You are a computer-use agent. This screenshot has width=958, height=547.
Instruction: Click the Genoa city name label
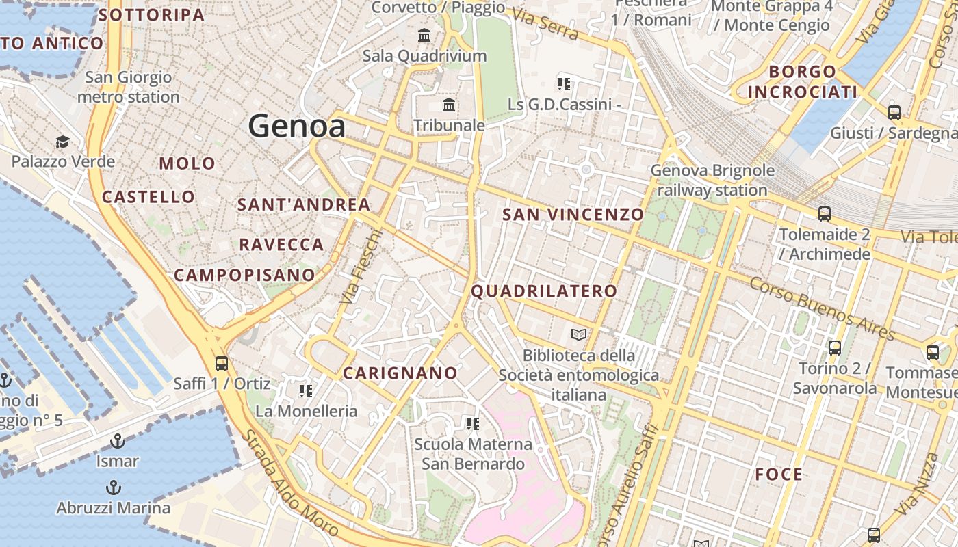[296, 126]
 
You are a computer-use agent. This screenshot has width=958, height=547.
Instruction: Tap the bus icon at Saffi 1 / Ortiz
[221, 363]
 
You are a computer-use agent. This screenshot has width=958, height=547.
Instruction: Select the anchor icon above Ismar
[118, 440]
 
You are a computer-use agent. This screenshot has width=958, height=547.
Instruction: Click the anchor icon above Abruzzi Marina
[114, 488]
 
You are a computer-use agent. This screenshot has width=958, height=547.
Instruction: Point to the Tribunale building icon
[449, 105]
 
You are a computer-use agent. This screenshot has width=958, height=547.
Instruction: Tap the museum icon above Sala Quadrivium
[424, 35]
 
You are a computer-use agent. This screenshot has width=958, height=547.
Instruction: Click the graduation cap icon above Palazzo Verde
[62, 142]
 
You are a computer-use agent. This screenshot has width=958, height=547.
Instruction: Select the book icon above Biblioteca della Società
[579, 335]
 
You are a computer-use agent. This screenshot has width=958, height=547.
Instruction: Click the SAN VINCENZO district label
[573, 215]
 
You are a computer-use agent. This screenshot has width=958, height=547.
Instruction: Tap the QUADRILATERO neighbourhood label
[544, 291]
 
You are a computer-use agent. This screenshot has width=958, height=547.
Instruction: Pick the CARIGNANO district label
[400, 373]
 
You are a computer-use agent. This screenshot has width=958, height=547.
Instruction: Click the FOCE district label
[779, 475]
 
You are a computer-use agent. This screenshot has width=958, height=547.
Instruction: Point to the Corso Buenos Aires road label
[822, 308]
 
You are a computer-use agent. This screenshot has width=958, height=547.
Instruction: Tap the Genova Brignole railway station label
[712, 180]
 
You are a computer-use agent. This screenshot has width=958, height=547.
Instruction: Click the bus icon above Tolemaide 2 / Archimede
[824, 214]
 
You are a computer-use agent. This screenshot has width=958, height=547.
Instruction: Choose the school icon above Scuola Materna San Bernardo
[472, 424]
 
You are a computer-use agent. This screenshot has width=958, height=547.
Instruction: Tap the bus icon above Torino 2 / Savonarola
[834, 347]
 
